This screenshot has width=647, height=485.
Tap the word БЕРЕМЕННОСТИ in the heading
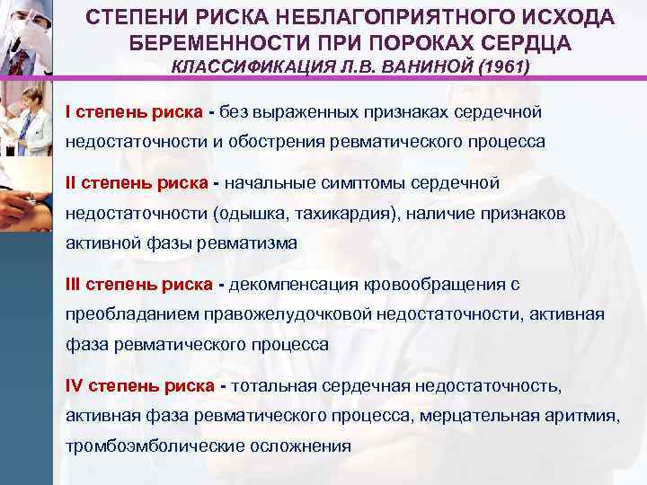[x=208, y=44]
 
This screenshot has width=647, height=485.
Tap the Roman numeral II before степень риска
[x=71, y=183]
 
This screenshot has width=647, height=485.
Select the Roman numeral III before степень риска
[x=74, y=285]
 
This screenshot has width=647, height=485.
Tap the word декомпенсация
[x=295, y=285]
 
